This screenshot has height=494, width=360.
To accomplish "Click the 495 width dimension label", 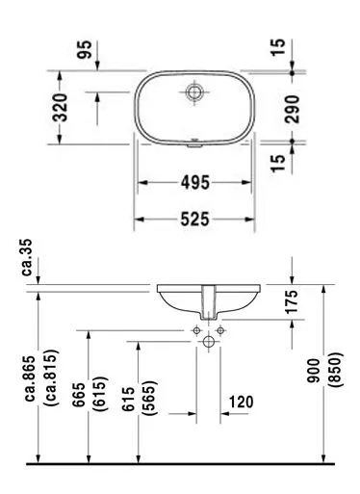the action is [195, 182].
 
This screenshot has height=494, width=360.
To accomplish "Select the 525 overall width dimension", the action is [195, 220].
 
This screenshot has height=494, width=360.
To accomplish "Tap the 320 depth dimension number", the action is [61, 108].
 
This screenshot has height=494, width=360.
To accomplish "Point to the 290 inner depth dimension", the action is [292, 109].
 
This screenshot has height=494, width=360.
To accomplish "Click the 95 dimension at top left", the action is [85, 49].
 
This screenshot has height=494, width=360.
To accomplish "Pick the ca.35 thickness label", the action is [27, 257].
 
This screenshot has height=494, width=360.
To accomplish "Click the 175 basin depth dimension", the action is [292, 301].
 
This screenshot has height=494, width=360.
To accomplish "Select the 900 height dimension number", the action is [314, 371].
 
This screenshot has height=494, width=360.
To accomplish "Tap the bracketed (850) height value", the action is [336, 370].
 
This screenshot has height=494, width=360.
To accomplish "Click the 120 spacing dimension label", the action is [241, 402].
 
